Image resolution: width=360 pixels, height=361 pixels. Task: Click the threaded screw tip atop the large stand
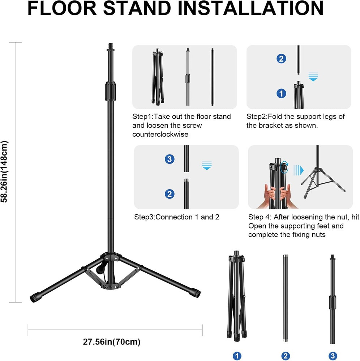click(x=110, y=47)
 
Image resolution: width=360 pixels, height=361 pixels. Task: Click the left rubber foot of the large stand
click(x=35, y=297)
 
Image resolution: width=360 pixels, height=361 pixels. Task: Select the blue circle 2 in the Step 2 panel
click(x=281, y=58)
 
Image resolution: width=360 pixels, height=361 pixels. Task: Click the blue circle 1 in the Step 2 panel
click(x=281, y=93)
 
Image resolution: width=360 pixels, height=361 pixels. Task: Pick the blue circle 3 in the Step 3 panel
click(x=170, y=159)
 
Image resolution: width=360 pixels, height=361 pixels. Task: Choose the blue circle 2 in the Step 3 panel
click(x=170, y=194)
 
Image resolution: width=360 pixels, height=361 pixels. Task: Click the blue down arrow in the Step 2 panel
click(x=313, y=77)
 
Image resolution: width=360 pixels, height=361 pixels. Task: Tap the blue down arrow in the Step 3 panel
click(x=207, y=166)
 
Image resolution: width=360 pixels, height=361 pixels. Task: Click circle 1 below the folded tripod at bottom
click(x=237, y=356)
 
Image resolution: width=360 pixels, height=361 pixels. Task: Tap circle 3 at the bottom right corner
click(x=332, y=356)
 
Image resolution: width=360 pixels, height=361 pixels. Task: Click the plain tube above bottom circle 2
click(x=285, y=298)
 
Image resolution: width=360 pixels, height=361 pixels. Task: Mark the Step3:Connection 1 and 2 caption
click(x=176, y=217)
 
